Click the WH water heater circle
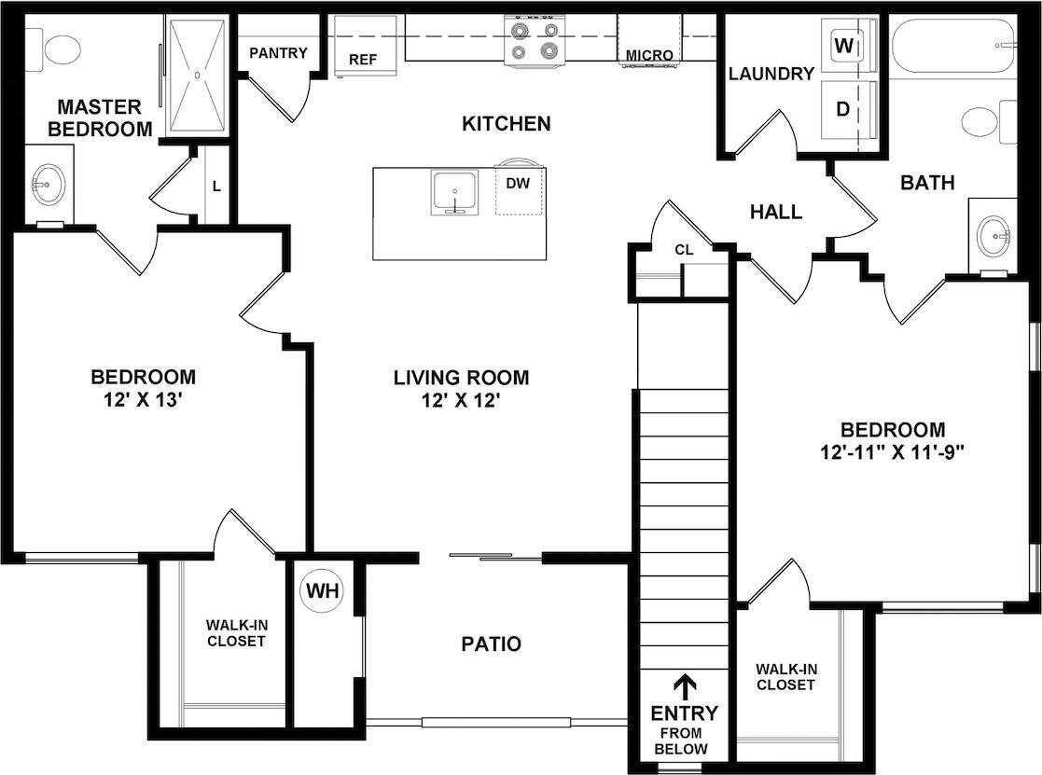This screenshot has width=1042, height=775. [322, 590]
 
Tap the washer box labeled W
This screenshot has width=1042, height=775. [844, 44]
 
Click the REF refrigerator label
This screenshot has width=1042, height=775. [363, 59]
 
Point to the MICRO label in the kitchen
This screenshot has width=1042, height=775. [649, 55]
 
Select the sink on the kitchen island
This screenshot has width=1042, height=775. [454, 193]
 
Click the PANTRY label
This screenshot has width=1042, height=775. [278, 52]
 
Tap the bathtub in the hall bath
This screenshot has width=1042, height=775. [952, 46]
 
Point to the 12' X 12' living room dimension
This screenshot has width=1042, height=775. [461, 402]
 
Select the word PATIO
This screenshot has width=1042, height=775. [491, 644]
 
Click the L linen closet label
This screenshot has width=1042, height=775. [215, 186]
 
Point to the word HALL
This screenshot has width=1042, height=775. [775, 212]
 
